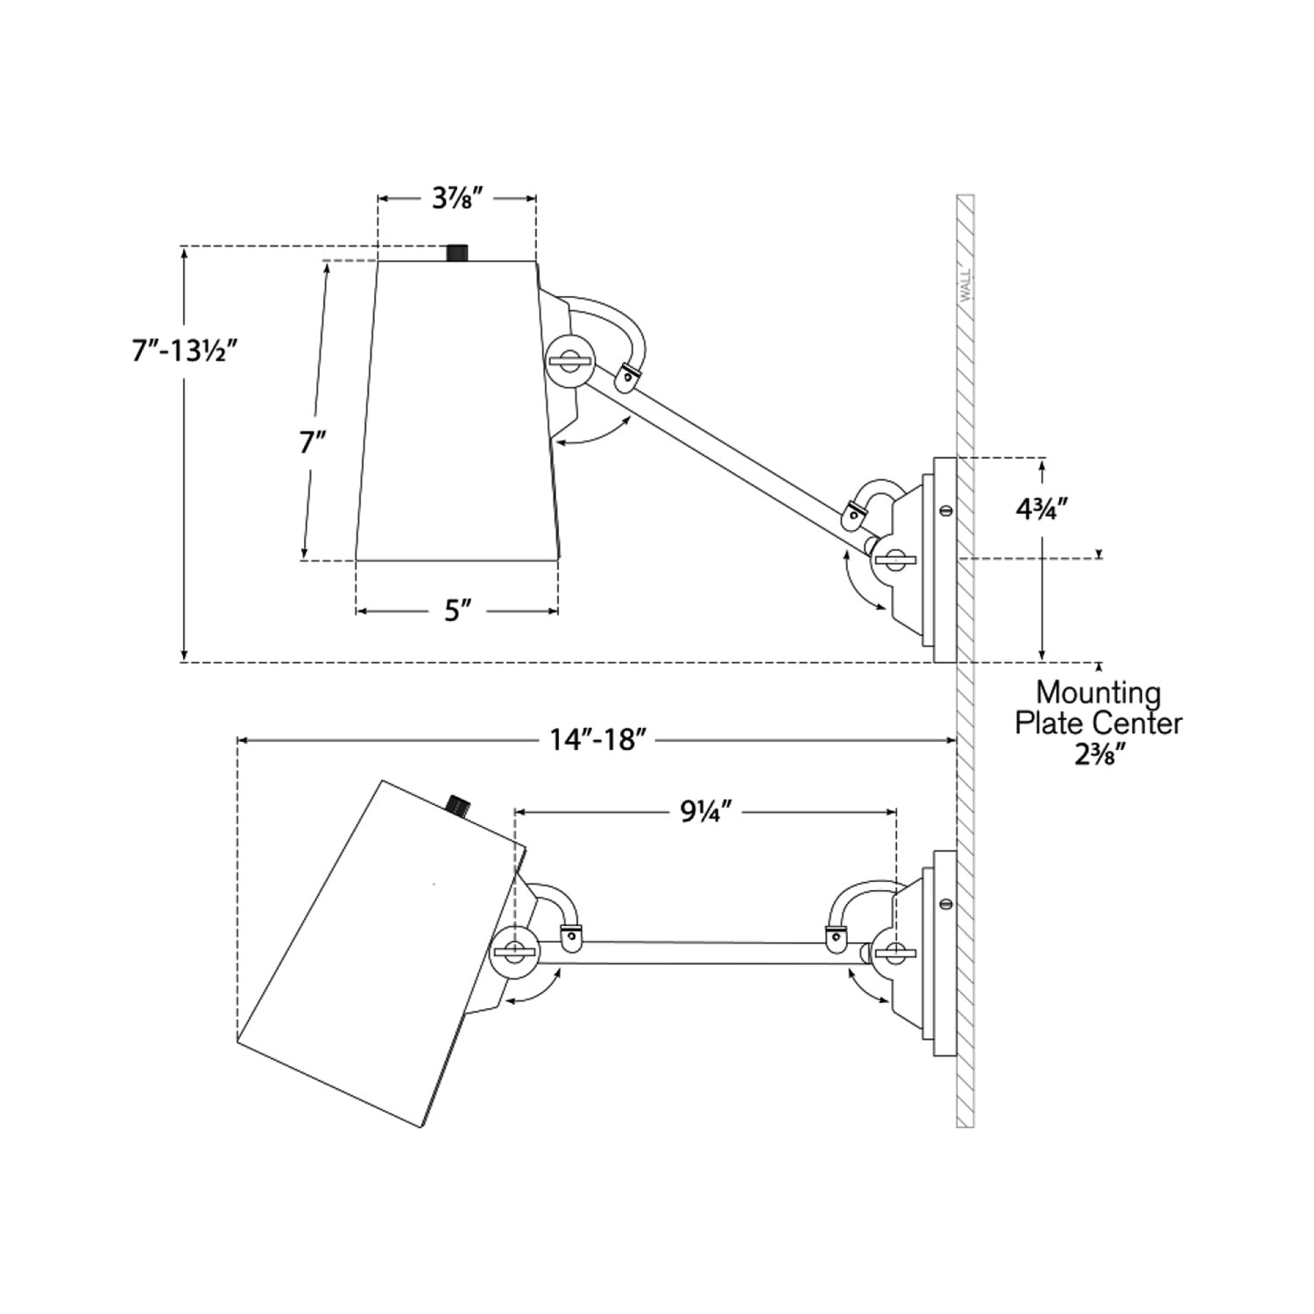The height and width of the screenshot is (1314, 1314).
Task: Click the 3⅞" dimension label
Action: pos(457,199)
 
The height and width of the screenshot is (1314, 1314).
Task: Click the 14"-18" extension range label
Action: pos(598,740)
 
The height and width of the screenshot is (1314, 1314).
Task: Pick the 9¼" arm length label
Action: pos(706,812)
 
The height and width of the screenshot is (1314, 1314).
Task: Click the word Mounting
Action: pos(1099,693)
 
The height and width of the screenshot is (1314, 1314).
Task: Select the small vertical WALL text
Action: pos(966,285)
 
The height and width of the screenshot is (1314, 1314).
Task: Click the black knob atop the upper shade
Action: pos(456,252)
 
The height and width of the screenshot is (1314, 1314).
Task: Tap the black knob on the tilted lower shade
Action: pos(457,804)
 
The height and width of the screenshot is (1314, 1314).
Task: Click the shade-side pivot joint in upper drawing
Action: pos(569,358)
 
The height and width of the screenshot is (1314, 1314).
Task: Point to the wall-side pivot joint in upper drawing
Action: pos(894,559)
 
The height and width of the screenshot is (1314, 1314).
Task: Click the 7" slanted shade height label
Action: pos(313,442)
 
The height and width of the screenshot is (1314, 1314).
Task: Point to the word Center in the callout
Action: pos(1141,724)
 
